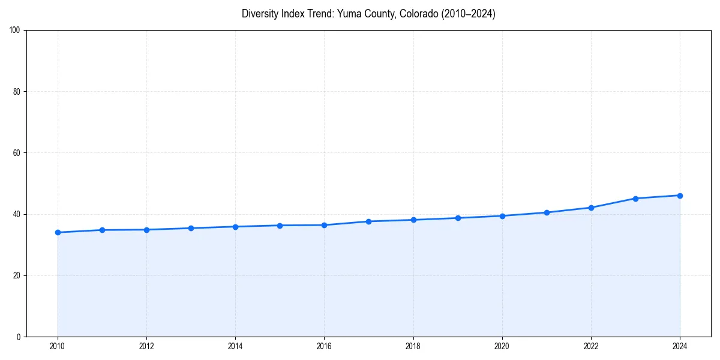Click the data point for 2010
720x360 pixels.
[58, 232]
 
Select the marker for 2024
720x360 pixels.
[680, 196]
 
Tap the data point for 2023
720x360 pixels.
[635, 199]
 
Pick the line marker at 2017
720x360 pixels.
[368, 221]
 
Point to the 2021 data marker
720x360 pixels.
[547, 212]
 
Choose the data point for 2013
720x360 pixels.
[191, 228]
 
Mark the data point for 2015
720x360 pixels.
[280, 226]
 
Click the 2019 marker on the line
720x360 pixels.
[458, 218]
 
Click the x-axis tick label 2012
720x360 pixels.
[146, 346]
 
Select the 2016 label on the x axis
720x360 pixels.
[324, 346]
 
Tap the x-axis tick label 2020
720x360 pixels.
[502, 346]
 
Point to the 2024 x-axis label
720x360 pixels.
[680, 346]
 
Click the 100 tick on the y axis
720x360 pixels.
[16, 30]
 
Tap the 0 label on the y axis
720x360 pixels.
[19, 337]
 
